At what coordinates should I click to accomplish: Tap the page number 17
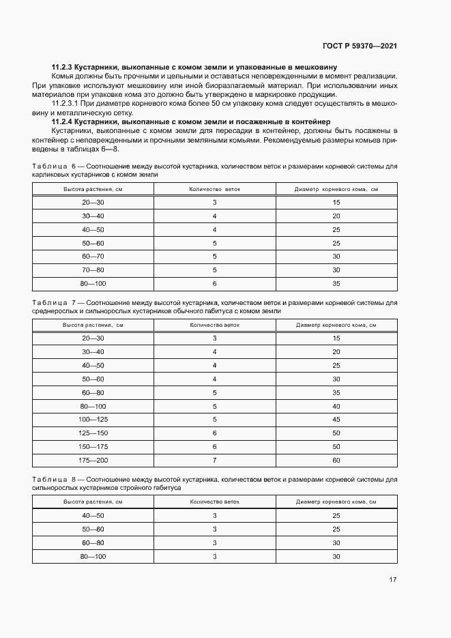point(393,580)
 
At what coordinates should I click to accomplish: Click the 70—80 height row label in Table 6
point(93,270)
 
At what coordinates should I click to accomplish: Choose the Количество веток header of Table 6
point(214,188)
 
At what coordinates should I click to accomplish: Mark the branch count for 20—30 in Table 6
point(214,203)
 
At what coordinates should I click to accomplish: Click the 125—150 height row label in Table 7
point(93,432)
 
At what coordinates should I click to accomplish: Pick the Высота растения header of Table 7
point(93,324)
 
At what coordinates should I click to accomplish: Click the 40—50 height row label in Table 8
point(93,516)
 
